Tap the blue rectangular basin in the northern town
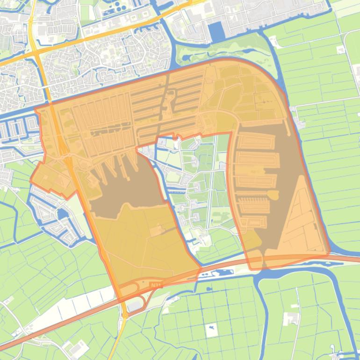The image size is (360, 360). [x=216, y=32]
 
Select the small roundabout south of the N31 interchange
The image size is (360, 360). [x=125, y=316]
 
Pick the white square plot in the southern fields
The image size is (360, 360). [x=211, y=330]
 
